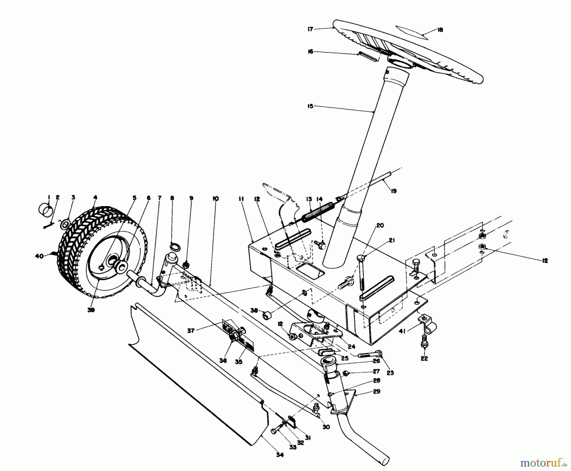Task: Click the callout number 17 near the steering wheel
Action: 310,29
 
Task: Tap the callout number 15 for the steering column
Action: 310,106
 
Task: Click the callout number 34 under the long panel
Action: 279,455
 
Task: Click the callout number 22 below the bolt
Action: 424,359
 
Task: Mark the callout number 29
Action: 377,392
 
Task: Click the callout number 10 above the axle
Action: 215,199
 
